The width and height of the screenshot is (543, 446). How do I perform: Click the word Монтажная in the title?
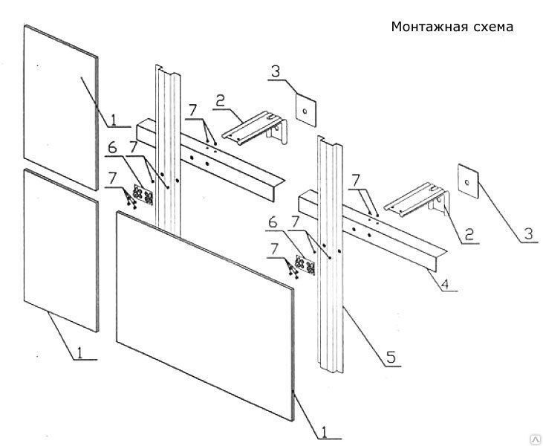click(425, 28)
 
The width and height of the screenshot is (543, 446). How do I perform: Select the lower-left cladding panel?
click(61, 249)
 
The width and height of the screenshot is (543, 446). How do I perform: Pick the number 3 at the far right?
click(528, 233)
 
